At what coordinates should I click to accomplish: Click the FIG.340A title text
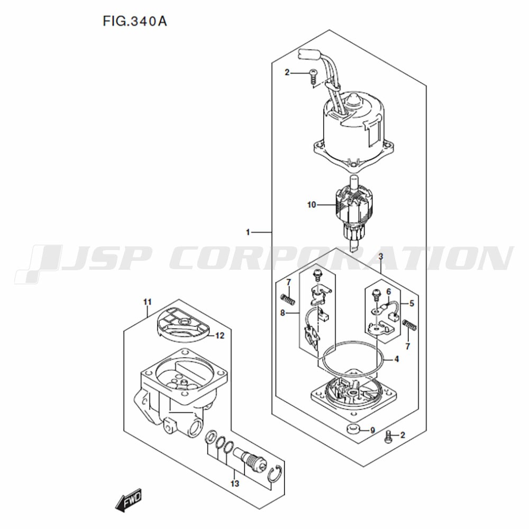pos(134,22)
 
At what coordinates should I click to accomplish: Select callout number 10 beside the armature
pos(312,205)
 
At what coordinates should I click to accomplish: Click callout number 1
pos(248,232)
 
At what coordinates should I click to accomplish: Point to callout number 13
pos(235,484)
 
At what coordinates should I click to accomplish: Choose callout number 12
pos(220,336)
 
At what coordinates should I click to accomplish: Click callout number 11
pos(148,302)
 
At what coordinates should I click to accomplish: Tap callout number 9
pos(372,430)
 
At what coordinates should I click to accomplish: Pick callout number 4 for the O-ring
pos(396,359)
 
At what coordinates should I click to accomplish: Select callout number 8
pos(282,313)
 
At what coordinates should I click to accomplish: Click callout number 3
pos(381,257)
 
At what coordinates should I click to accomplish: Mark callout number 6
pos(389,291)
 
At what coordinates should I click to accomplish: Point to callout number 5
pos(412,303)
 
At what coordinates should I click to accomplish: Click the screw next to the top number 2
pos(314,77)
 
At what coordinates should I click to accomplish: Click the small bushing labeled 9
pos(352,429)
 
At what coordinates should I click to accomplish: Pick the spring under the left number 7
pos(288,299)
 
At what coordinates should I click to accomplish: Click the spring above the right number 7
pos(410,325)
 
